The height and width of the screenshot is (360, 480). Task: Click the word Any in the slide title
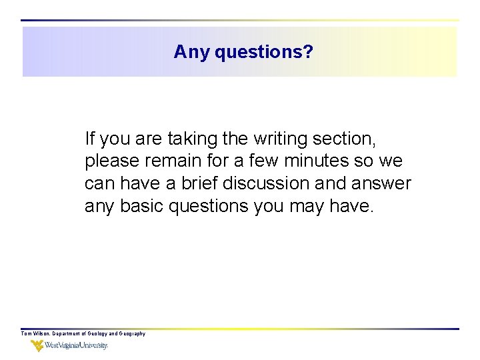(192, 52)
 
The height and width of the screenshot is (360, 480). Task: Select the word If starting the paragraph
(91, 139)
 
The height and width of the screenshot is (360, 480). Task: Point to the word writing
(283, 139)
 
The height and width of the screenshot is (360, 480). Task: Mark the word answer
(385, 183)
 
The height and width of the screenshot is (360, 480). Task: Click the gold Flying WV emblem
(37, 346)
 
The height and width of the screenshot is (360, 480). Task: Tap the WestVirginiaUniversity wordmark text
(77, 346)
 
